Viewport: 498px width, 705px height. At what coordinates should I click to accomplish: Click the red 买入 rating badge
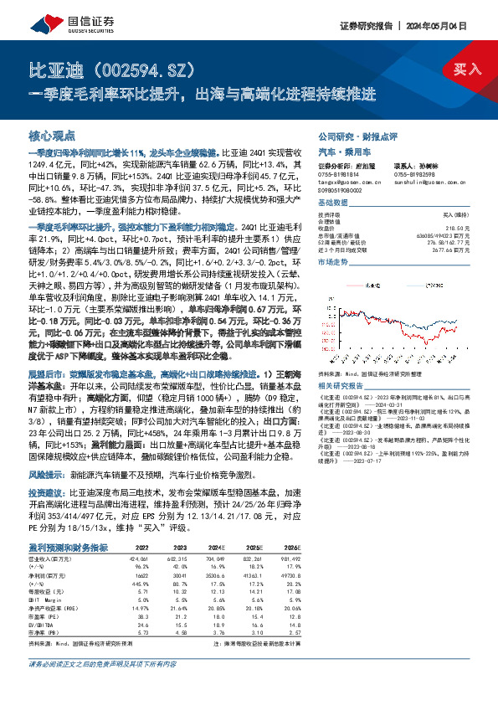pos(468,69)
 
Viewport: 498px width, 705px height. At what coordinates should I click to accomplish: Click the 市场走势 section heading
pos(331,262)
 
